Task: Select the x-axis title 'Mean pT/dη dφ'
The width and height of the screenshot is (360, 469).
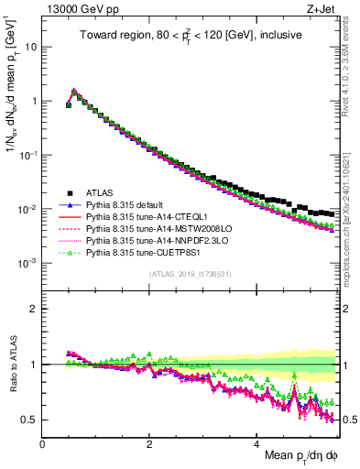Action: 294,457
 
